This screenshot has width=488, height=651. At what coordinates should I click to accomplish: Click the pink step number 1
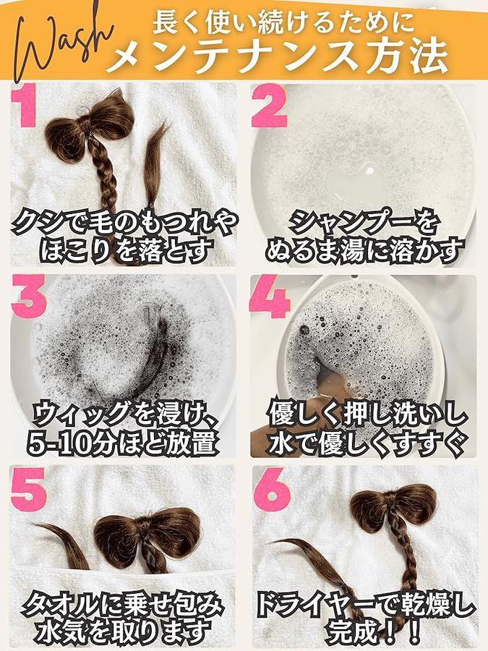point(24,106)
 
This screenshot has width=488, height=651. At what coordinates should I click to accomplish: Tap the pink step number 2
point(270,106)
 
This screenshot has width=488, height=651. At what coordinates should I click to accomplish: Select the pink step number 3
point(29,296)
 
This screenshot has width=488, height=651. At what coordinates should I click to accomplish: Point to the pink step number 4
point(270,296)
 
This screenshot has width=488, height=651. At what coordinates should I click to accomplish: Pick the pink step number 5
point(29,489)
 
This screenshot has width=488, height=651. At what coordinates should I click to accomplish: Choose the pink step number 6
point(272,489)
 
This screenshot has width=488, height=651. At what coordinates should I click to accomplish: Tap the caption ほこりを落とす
point(124,250)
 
